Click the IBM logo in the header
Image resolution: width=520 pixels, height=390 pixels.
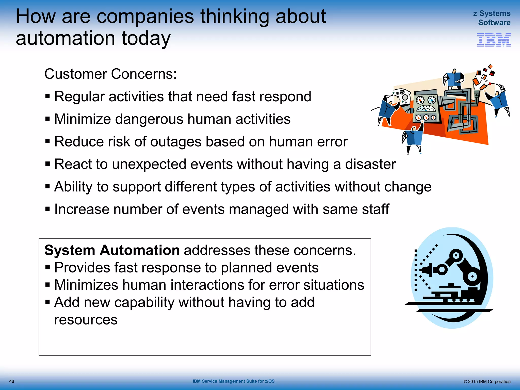coord(494,40)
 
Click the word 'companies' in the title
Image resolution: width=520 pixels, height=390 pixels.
coord(145,17)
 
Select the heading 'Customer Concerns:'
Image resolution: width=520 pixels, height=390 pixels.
coord(110,74)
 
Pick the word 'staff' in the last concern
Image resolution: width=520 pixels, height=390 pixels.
coord(375,209)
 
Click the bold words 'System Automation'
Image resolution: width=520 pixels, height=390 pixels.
coord(112,250)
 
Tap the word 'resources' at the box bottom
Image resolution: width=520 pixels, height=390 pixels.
coord(86,319)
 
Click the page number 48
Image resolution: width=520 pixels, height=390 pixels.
coord(12,381)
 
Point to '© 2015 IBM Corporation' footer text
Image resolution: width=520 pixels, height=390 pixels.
coord(487,382)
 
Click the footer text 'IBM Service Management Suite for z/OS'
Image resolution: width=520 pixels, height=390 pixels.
coord(233,381)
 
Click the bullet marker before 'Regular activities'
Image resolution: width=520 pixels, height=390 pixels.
coord(47,96)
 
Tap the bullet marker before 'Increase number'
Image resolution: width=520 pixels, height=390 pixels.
coord(47,209)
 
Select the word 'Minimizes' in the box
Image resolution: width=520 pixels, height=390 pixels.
coord(86,285)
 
